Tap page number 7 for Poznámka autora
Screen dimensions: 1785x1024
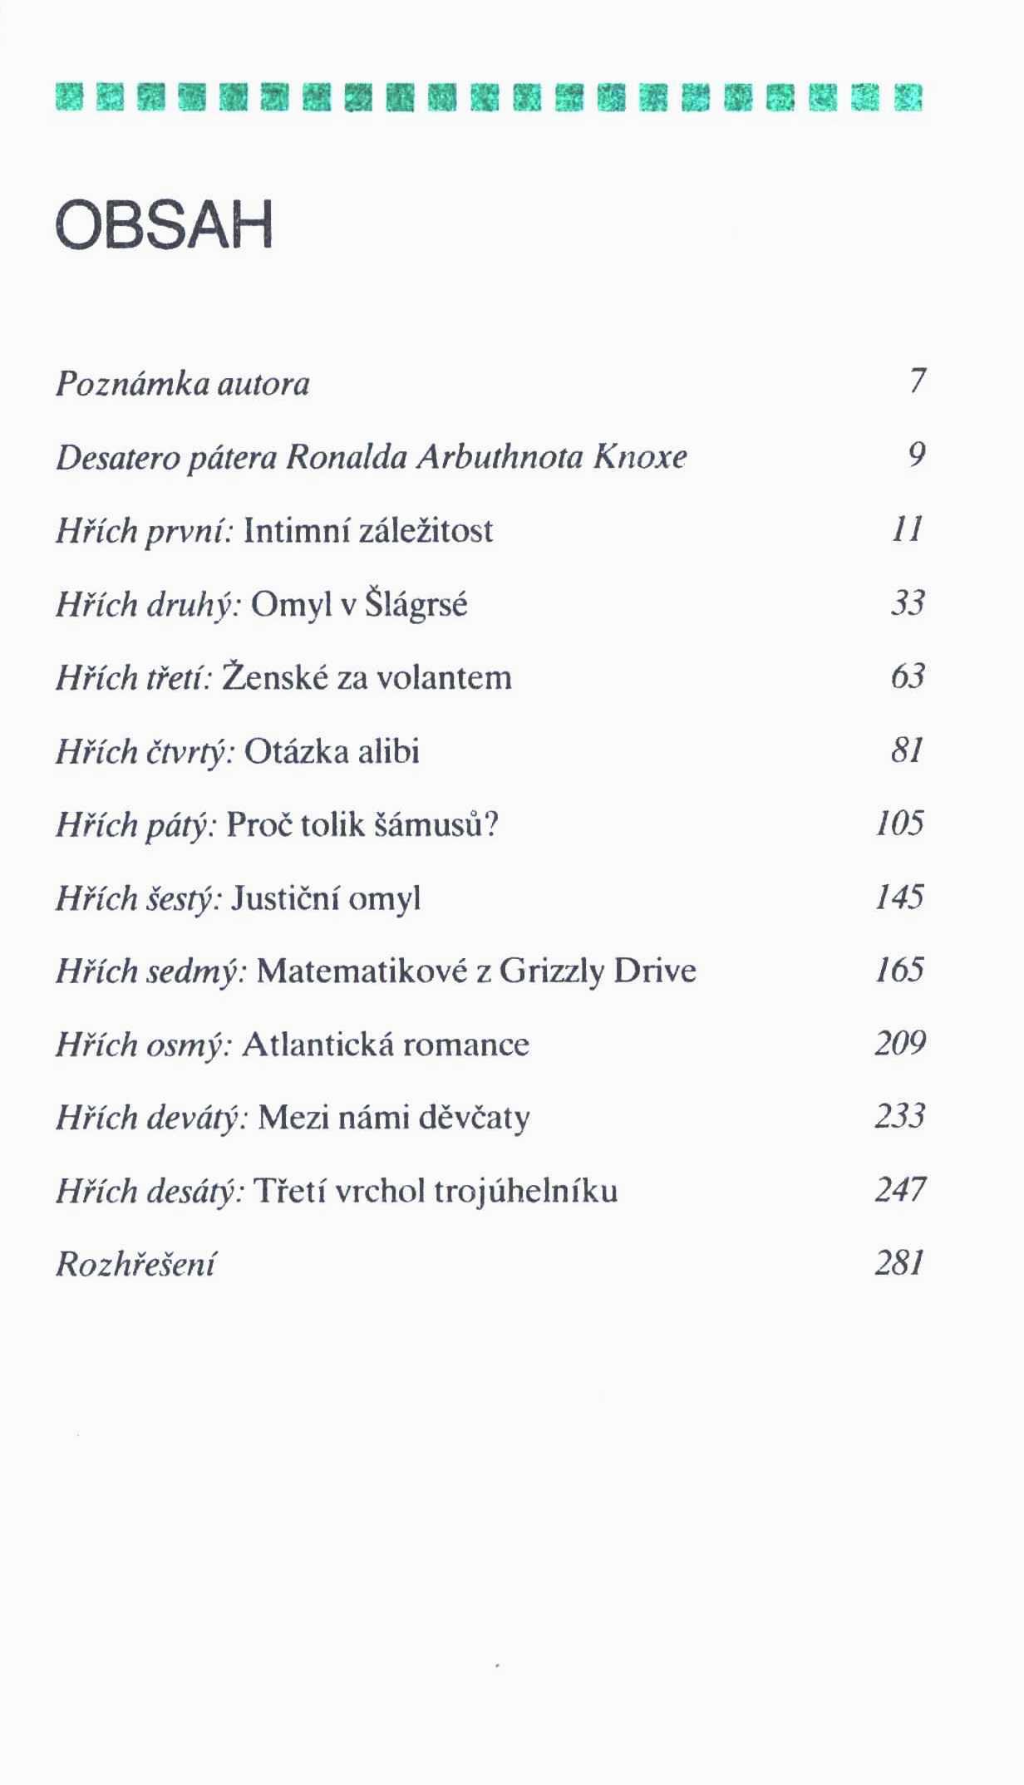click(x=917, y=381)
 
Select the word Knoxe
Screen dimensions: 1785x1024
click(x=640, y=456)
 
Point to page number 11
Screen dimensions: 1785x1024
click(x=908, y=529)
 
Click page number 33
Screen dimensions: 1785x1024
click(x=908, y=603)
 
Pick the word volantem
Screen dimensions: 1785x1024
click(x=445, y=677)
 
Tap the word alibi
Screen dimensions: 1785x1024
click(x=389, y=751)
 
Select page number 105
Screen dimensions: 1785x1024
click(x=900, y=824)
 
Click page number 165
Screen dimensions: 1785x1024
click(x=900, y=970)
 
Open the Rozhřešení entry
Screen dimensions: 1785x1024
click(x=135, y=1265)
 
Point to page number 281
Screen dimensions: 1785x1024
click(x=900, y=1263)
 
